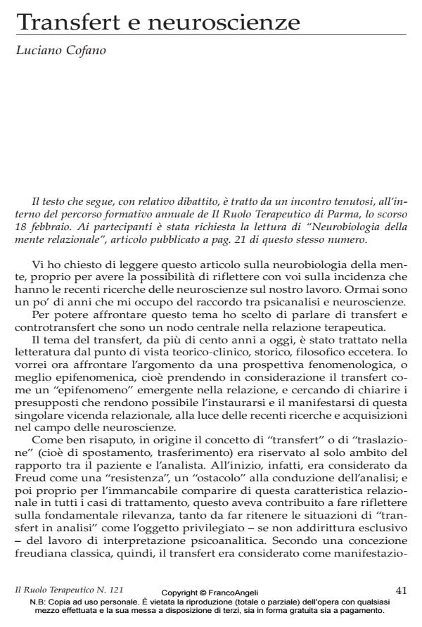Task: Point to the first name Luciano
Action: coord(39,50)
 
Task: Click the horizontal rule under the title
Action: coord(211,34)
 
